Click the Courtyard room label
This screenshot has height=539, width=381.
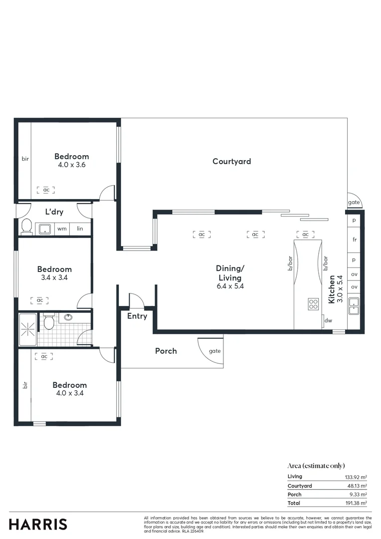231,161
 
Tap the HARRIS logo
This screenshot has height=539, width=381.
38,524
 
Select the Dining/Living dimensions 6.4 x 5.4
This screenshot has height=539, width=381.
229,286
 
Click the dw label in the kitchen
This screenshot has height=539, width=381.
328,321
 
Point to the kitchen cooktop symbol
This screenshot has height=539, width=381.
313,303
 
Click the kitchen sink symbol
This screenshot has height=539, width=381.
354,304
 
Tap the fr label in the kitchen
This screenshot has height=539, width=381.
354,240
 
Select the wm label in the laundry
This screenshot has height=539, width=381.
62,229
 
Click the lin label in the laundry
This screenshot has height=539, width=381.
80,229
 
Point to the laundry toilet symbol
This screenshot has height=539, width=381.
26,227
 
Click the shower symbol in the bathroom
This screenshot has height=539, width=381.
28,329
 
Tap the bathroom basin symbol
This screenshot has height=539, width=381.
68,317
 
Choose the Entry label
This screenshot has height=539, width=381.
137,316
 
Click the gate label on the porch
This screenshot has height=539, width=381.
214,351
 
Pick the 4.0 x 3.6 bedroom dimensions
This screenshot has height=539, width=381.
71,164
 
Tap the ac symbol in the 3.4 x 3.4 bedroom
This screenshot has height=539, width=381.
40,300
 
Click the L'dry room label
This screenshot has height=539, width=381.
54,212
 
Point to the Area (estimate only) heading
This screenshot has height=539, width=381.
316,466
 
